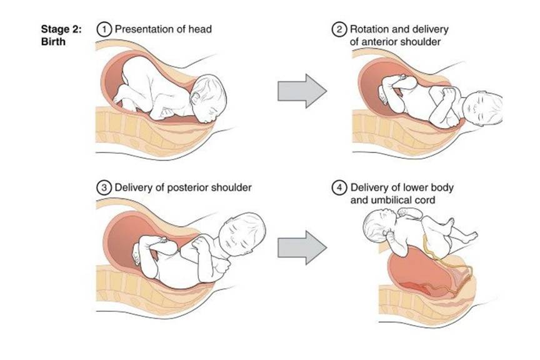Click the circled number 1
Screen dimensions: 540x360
(104, 29)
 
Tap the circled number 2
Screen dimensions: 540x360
(339, 29)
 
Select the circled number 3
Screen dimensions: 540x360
(104, 187)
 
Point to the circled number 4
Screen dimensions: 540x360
(339, 187)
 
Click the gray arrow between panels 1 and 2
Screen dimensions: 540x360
(302, 91)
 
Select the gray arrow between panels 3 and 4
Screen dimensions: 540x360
(302, 247)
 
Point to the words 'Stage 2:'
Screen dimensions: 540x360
(61, 29)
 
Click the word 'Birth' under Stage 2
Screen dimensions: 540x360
(53, 42)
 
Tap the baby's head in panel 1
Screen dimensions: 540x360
(208, 97)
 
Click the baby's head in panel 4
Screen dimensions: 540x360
(377, 227)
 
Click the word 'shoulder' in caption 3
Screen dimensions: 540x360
(231, 187)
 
